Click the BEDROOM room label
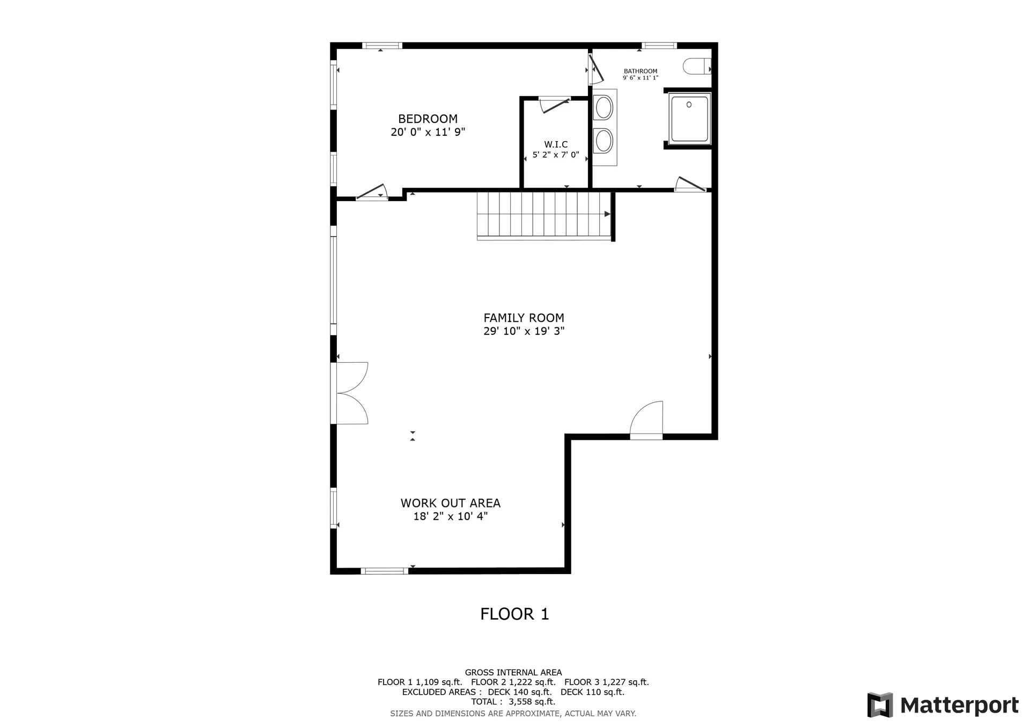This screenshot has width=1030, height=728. pyautogui.click(x=428, y=119)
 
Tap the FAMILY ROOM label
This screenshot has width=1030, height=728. pyautogui.click(x=524, y=318)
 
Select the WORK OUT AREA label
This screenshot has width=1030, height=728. pyautogui.click(x=451, y=503)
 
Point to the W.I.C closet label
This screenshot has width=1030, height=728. pyautogui.click(x=556, y=144)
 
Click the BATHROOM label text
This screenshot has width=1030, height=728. pyautogui.click(x=641, y=71)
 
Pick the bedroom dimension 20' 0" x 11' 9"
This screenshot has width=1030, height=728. pyautogui.click(x=428, y=132)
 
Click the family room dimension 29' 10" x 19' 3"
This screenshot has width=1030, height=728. pyautogui.click(x=524, y=331)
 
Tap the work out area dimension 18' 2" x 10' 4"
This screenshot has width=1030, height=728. pyautogui.click(x=451, y=516)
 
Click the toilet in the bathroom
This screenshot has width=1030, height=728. pyautogui.click(x=697, y=67)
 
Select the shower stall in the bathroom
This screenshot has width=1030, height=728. pyautogui.click(x=689, y=119)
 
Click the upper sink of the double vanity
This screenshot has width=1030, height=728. pyautogui.click(x=604, y=107)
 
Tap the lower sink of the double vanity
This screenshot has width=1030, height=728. pyautogui.click(x=604, y=141)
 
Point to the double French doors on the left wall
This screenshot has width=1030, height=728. pyautogui.click(x=350, y=393)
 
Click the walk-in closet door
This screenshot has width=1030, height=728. pyautogui.click(x=555, y=104)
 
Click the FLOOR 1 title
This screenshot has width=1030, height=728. pyautogui.click(x=514, y=614)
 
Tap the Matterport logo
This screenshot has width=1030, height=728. pyautogui.click(x=943, y=705)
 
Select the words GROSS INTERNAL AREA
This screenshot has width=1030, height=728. pyautogui.click(x=513, y=673)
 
